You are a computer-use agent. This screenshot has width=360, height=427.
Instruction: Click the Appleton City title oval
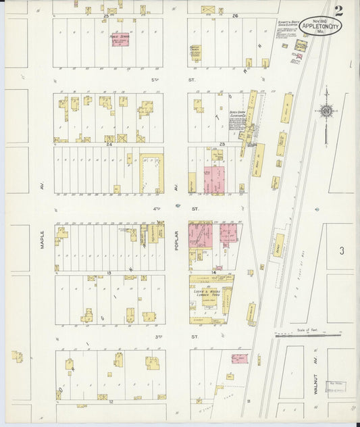pyautogui.click(x=320, y=26)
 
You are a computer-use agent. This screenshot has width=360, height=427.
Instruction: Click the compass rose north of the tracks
pyautogui.click(x=326, y=111)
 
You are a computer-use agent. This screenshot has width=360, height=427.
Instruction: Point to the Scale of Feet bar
pyautogui.click(x=307, y=333)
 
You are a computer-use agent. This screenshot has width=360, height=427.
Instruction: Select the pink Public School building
pyautogui.click(x=120, y=39)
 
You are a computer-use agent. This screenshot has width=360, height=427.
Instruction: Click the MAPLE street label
pyautogui.click(x=42, y=239)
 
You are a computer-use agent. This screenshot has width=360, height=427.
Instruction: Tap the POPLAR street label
pyautogui.click(x=175, y=239)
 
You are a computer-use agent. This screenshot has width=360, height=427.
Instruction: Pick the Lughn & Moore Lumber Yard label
pyautogui.click(x=207, y=293)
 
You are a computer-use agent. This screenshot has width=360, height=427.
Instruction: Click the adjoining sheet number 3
pyautogui.click(x=342, y=251)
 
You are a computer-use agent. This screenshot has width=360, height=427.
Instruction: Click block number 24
pyautogui.click(x=108, y=143)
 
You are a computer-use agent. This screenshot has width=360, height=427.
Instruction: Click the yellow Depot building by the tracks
pyautogui.click(x=278, y=244)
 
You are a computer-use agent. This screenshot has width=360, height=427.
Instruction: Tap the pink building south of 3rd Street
pyautogui.click(x=239, y=358)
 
